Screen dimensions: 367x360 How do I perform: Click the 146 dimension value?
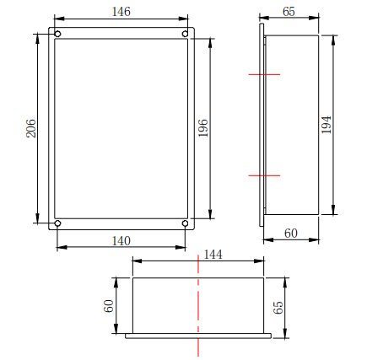pos(121,12)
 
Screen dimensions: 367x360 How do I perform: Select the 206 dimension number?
pos(31,128)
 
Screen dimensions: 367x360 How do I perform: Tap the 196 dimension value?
pos(203,128)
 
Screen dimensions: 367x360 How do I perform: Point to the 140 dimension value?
pos(121,241)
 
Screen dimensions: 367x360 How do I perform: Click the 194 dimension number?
pos(327,125)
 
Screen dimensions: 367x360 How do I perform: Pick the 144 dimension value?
pos(213,255)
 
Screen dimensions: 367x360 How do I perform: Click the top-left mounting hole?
pos(57,34)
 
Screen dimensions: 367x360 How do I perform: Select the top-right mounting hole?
pos(185,34)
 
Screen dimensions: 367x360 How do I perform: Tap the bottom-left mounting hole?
pos(57,223)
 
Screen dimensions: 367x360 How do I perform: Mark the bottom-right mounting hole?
pos(185,223)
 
